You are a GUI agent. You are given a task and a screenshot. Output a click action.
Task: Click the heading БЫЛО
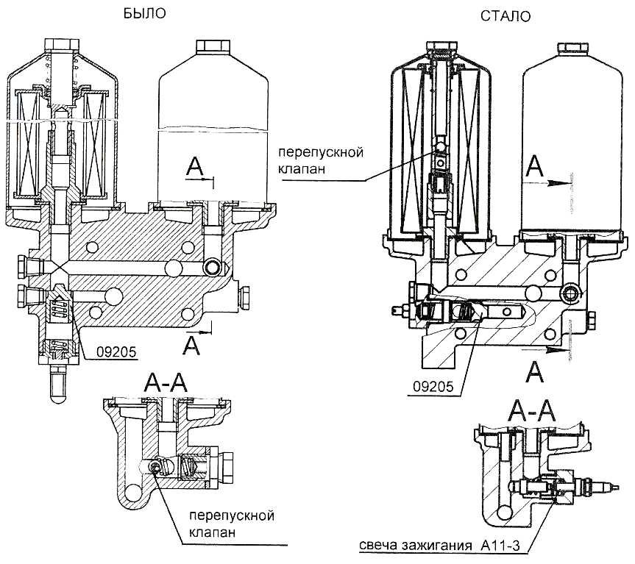pos(146,13)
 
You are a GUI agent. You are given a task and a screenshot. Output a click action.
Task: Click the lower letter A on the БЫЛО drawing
pos(193,343)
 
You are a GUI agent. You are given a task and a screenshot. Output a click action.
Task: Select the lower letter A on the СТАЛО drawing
pos(536,372)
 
